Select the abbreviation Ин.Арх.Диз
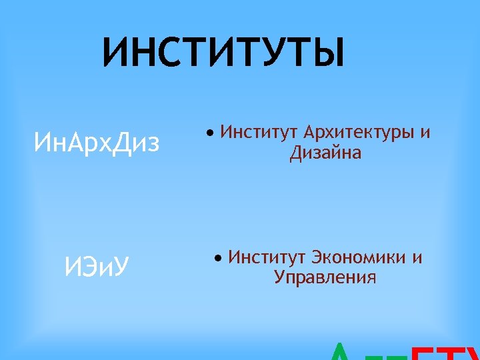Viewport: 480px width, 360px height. pos(97,142)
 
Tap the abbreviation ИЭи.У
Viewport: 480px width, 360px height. pos(97,267)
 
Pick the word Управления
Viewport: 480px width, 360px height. pos(325,277)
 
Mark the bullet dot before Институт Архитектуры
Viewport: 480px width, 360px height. pos(210,133)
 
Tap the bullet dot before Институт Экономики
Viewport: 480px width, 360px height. pos(218,258)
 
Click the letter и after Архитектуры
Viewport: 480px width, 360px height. pos(425,133)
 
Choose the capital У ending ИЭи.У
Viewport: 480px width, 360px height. pos(121,267)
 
